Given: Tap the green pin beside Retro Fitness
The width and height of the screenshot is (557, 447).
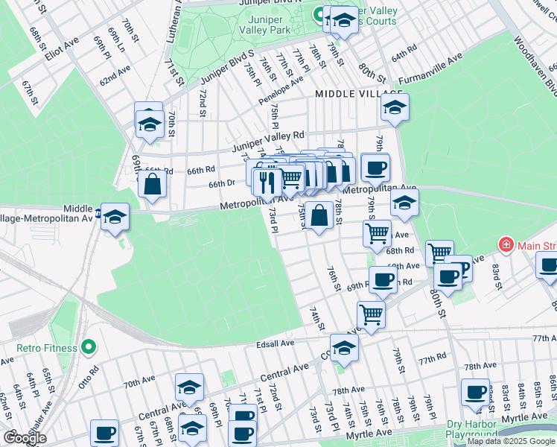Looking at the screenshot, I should point(89,347).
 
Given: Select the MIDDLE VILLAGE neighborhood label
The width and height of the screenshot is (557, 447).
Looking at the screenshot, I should point(348,94).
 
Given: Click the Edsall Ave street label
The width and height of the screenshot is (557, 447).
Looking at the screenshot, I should point(276,343).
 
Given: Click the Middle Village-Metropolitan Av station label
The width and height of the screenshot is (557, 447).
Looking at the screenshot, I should point(52,214).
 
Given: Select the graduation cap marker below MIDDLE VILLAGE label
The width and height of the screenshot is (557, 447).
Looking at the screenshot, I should point(395,107).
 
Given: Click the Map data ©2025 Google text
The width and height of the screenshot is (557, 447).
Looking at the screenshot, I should point(511,441).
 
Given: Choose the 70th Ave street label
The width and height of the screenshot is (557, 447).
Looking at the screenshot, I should point(139,383).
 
